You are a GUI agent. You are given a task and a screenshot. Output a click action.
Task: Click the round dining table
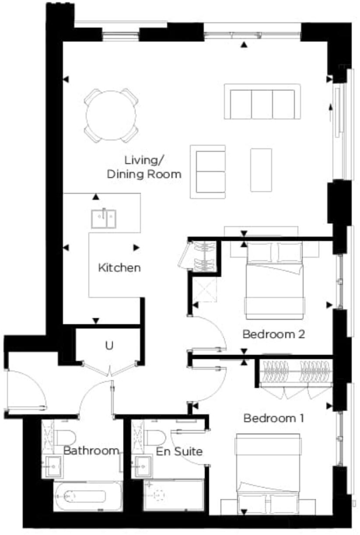pyautogui.click(x=111, y=115)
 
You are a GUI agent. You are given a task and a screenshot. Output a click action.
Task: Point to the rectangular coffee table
pyautogui.click(x=261, y=170)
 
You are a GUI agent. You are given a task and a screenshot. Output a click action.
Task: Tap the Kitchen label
pyautogui.click(x=119, y=267)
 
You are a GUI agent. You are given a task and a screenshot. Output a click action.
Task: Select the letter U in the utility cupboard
pyautogui.click(x=109, y=346)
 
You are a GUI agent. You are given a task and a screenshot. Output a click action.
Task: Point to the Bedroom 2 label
pyautogui.click(x=273, y=335)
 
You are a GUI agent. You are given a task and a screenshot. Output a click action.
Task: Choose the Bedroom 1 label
pyautogui.click(x=273, y=418)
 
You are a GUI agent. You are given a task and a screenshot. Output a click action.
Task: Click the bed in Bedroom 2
pyautogui.click(x=275, y=280)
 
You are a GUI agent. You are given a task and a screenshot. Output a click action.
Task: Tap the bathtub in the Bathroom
pyautogui.click(x=88, y=497)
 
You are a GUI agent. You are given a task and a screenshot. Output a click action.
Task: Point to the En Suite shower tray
pyautogui.click(x=173, y=495)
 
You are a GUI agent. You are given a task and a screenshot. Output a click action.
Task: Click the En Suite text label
pyautogui.click(x=179, y=451)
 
